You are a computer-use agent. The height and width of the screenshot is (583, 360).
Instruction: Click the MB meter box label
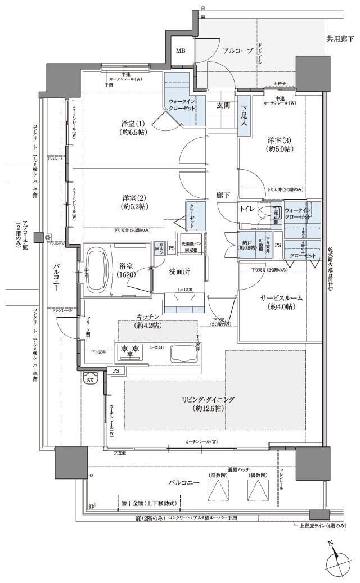click(180, 51)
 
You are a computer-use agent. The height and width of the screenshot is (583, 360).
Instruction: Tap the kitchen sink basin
click(183, 355)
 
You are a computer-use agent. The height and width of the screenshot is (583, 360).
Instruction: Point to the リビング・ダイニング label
click(208, 404)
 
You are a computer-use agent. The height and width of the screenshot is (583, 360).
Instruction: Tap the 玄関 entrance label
click(223, 105)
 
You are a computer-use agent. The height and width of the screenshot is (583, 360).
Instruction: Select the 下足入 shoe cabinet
click(244, 116)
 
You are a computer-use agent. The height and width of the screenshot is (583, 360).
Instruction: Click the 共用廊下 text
click(340, 39)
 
